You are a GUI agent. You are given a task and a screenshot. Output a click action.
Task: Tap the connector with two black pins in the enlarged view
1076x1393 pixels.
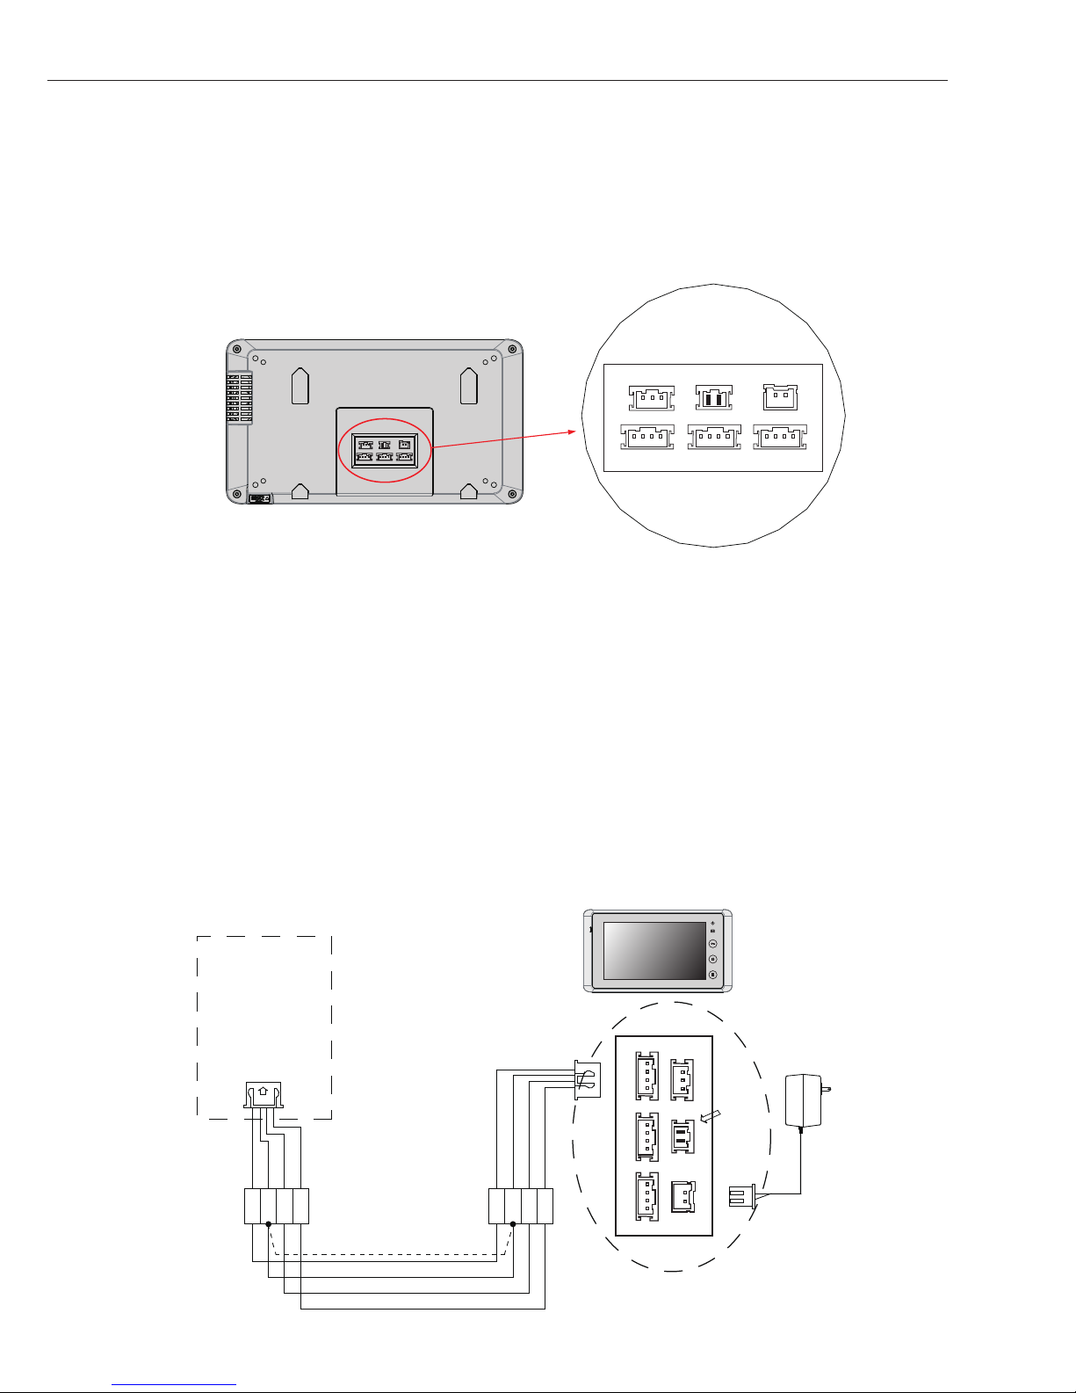pyautogui.click(x=713, y=396)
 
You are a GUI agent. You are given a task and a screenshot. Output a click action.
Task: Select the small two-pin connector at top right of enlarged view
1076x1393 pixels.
pyautogui.click(x=780, y=397)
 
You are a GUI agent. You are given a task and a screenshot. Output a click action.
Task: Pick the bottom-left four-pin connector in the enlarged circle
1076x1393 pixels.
pyautogui.click(x=646, y=436)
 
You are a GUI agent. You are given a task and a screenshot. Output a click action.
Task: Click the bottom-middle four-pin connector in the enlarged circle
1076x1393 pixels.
pyautogui.click(x=713, y=436)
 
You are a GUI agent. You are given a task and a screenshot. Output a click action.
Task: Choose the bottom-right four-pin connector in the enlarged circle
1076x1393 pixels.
pyautogui.click(x=780, y=436)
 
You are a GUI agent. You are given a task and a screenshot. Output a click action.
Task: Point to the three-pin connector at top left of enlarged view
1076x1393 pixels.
pyautogui.click(x=652, y=397)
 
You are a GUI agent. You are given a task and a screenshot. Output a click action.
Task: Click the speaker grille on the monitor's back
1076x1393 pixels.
pyautogui.click(x=239, y=397)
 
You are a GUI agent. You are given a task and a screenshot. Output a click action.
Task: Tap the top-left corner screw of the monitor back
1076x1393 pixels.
pyautogui.click(x=237, y=348)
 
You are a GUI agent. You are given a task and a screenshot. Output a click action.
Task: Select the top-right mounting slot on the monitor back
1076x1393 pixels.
pyautogui.click(x=469, y=385)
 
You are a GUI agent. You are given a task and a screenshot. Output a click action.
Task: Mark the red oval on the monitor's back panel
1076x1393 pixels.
pyautogui.click(x=385, y=450)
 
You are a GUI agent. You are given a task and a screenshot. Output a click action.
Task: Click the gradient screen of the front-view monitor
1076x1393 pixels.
pyautogui.click(x=654, y=951)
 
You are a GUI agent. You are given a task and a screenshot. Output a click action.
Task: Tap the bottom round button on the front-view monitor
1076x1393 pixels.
pyautogui.click(x=712, y=974)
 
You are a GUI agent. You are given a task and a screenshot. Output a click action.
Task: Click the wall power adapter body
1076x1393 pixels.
pyautogui.click(x=803, y=1099)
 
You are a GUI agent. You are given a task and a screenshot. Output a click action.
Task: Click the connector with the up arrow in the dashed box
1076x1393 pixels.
pyautogui.click(x=262, y=1094)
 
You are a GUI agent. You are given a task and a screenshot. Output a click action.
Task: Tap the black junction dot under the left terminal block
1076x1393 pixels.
pyautogui.click(x=268, y=1223)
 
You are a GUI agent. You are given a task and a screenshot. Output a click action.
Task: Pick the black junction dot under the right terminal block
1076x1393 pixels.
pyautogui.click(x=512, y=1223)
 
